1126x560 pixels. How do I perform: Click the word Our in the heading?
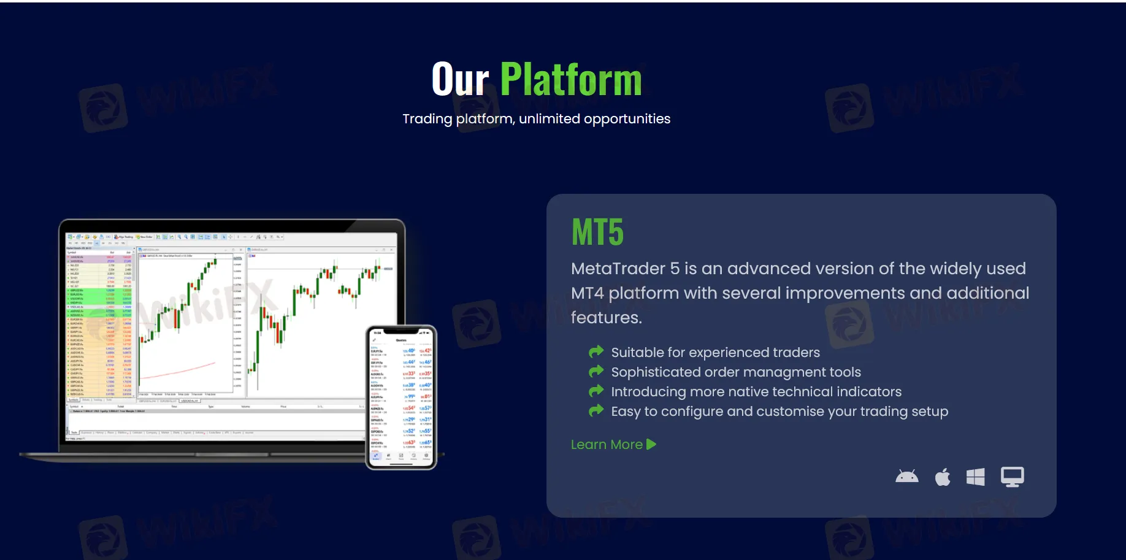pos(460,80)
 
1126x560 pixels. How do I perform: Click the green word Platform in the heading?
pos(571,80)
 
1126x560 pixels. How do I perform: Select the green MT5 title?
pos(597,232)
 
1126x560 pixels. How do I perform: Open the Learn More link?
pos(607,445)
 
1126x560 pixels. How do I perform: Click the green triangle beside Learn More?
pos(651,444)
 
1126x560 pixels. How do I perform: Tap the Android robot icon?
pos(906,477)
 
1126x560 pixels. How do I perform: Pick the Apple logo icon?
pos(943,477)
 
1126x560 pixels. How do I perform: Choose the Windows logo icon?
pos(975,477)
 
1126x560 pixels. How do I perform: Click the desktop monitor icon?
pos(1012,477)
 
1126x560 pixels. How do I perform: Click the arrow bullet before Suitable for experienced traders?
pos(596,351)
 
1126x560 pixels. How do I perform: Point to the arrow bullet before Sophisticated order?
pos(596,371)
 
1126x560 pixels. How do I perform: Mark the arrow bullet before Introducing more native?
pos(596,391)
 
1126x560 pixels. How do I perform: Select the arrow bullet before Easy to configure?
pos(596,410)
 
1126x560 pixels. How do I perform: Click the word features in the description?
pos(605,318)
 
